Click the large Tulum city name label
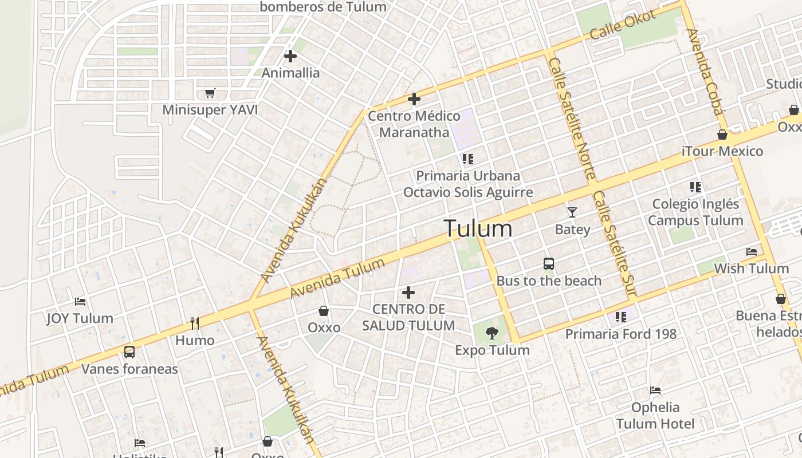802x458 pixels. click(478, 228)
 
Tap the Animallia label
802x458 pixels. click(290, 73)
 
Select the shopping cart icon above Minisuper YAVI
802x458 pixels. click(210, 93)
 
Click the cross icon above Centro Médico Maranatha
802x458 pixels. click(414, 99)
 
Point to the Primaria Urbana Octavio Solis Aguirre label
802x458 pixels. click(468, 184)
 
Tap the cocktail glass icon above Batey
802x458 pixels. click(572, 212)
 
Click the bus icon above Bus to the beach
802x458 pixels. click(549, 264)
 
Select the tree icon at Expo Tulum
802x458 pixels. click(492, 333)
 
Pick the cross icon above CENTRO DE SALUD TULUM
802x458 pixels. click(408, 293)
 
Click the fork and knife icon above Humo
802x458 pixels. click(195, 323)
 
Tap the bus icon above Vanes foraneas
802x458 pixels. click(129, 352)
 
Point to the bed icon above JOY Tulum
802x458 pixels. click(80, 301)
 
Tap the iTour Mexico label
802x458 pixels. click(722, 151)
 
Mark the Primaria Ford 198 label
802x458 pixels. click(621, 334)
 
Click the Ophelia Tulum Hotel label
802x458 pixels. click(655, 416)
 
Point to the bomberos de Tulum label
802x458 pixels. click(323, 7)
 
